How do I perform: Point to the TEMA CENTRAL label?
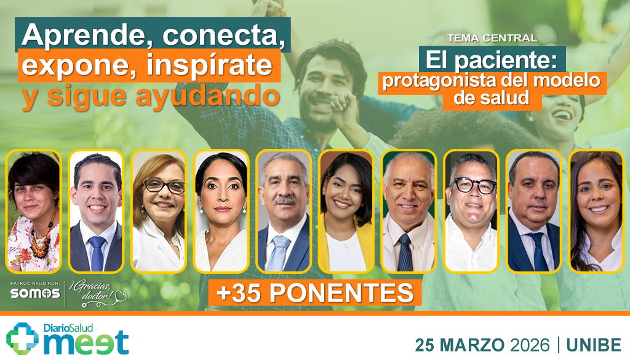492,38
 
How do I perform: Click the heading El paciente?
492,60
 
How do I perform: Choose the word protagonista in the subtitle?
434,81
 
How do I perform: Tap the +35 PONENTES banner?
315,293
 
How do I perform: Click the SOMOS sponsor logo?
34,294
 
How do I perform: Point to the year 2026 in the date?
528,345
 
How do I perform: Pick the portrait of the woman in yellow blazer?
346,211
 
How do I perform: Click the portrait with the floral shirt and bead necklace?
34,211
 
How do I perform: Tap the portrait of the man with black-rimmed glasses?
471,211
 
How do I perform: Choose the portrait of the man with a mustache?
283,211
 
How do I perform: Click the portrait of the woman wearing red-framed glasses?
158,211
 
